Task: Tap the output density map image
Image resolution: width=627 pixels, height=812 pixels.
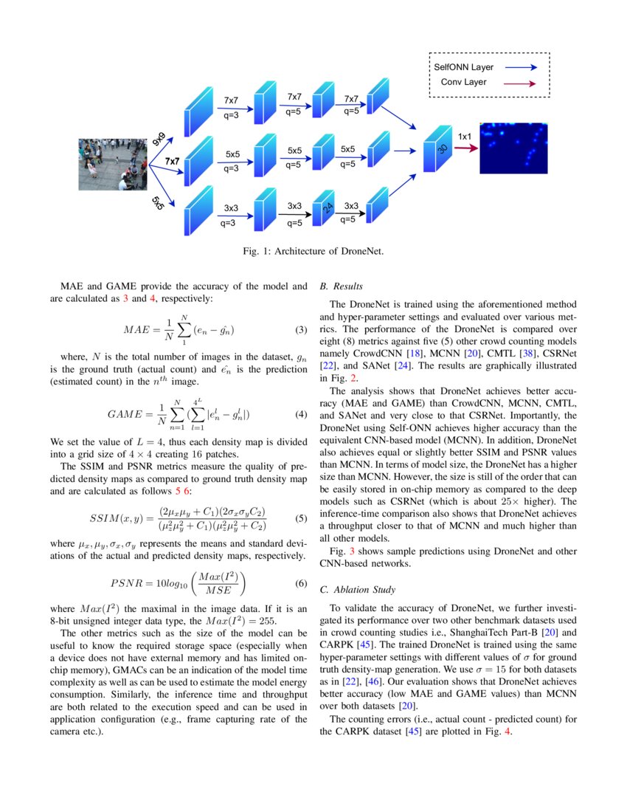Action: (x=514, y=148)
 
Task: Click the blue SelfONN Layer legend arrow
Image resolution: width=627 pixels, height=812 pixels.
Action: (x=521, y=67)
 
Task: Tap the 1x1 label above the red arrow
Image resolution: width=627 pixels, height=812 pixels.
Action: (x=465, y=137)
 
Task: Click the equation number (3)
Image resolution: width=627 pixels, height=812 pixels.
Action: (x=300, y=328)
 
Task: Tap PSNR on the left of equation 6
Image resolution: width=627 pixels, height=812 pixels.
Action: (x=130, y=583)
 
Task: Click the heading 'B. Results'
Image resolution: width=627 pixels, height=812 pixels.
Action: (x=342, y=286)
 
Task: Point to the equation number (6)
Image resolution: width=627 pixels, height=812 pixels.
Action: (x=300, y=583)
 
